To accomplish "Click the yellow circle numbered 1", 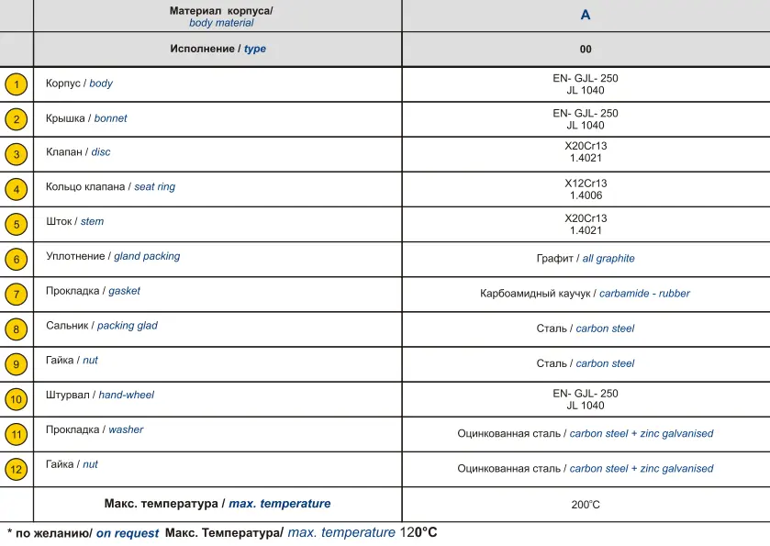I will coord(17,84).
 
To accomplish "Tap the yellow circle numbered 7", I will coord(17,295).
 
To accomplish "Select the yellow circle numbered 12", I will coord(17,470).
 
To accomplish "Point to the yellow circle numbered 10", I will coord(17,399).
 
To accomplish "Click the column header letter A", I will coord(586,16).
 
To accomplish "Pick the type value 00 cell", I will coord(586,50).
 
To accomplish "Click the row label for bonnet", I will coord(86,118).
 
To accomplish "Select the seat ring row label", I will coord(110,187).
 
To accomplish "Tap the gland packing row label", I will coord(113,257).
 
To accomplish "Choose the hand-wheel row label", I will coord(100,396).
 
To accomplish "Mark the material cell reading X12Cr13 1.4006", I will coord(586,189).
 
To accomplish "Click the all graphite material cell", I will coord(586,259).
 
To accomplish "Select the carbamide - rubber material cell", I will coord(586,294).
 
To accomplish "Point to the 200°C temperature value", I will coord(586,505).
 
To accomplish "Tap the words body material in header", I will coord(221,23).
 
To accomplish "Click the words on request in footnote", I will coord(128,533).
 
